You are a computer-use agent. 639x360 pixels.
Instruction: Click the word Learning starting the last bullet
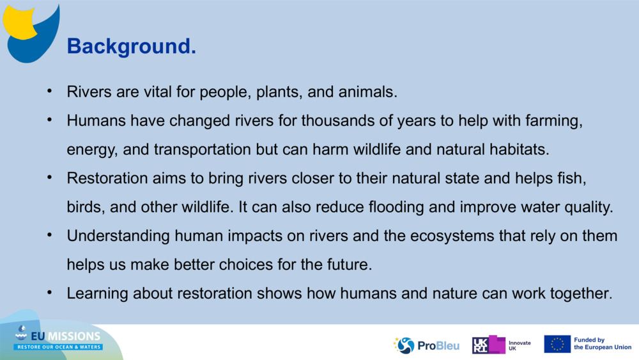point(98,293)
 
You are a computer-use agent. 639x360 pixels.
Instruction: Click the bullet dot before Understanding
point(49,235)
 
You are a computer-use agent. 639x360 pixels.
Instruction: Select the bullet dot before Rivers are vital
point(49,91)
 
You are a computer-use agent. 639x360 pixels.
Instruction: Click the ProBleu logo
point(426,345)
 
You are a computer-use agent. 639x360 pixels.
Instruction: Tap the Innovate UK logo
point(501,345)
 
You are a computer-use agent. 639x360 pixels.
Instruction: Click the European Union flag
point(557,344)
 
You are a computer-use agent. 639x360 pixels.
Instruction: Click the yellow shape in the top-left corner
point(20,22)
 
